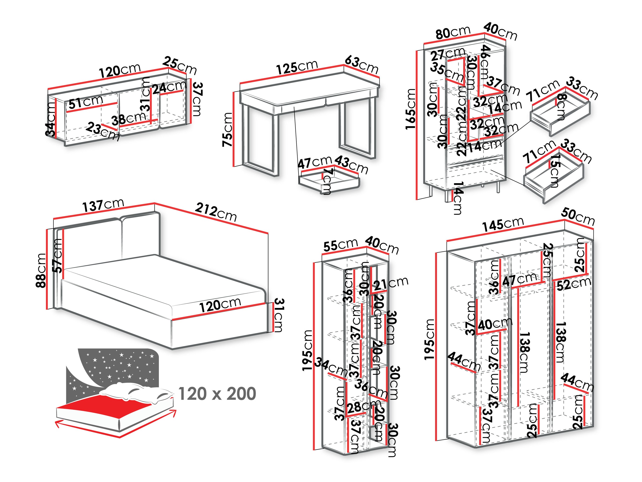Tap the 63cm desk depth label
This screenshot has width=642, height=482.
pos(361,65)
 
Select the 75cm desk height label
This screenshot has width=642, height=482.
pos(228,129)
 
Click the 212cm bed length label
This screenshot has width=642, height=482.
pos(216,212)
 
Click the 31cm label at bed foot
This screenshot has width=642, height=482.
pos(278,315)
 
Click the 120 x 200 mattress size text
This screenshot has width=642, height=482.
pos(217,394)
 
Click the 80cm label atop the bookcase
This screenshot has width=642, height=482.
pos(452,32)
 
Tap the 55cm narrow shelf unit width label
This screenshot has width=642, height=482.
pos(340,245)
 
